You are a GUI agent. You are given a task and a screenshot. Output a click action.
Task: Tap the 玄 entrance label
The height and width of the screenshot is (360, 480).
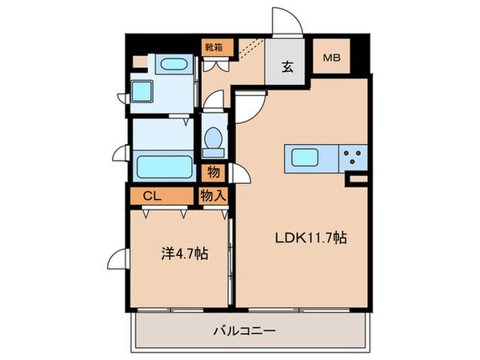[287, 66]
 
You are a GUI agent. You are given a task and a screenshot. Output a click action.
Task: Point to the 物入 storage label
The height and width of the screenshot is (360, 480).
[212, 194]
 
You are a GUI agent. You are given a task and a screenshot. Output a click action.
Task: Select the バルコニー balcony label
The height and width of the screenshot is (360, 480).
[245, 329]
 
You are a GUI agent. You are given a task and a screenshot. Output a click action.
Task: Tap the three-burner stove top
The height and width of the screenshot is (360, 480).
[353, 158]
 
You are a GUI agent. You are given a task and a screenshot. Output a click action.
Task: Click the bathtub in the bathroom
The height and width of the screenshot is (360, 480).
[163, 166]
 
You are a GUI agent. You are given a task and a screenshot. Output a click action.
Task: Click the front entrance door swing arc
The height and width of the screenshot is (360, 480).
[286, 22]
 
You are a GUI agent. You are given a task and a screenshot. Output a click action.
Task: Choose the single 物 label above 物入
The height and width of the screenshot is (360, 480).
[213, 170]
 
